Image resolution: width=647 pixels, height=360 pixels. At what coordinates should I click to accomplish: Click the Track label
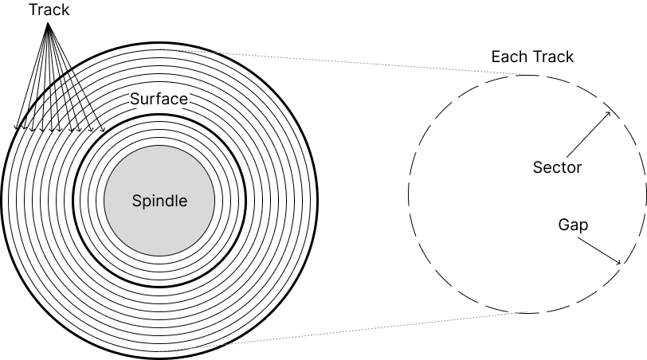49,10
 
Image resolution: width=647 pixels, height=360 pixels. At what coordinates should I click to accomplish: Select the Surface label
159,99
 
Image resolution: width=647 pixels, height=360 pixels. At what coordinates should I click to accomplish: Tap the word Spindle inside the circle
159,201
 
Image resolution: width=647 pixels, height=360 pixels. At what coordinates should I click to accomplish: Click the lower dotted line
343,331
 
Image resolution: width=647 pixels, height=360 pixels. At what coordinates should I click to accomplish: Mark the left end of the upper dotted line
160,49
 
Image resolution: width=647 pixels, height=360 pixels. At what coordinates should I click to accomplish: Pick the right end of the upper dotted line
523,74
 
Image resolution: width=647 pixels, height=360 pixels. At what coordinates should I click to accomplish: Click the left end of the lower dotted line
160,350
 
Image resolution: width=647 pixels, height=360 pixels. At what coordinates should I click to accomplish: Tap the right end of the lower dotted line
527,311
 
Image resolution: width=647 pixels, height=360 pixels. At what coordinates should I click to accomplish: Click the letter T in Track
33,10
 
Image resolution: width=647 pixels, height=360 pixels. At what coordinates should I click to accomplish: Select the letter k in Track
65,10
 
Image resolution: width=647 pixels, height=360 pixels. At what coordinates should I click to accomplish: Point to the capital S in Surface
135,99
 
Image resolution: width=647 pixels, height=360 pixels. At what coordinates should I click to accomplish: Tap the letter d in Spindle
171,201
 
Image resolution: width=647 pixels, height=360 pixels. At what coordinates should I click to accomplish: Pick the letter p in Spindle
147,202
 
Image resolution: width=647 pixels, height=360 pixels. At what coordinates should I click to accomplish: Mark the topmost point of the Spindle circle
159,147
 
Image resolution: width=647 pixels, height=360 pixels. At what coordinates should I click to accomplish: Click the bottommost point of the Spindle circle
159,255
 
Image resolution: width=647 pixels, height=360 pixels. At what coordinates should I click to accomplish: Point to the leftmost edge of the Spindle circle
105,201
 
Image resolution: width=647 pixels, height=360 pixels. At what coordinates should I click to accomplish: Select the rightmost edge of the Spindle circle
214,201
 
